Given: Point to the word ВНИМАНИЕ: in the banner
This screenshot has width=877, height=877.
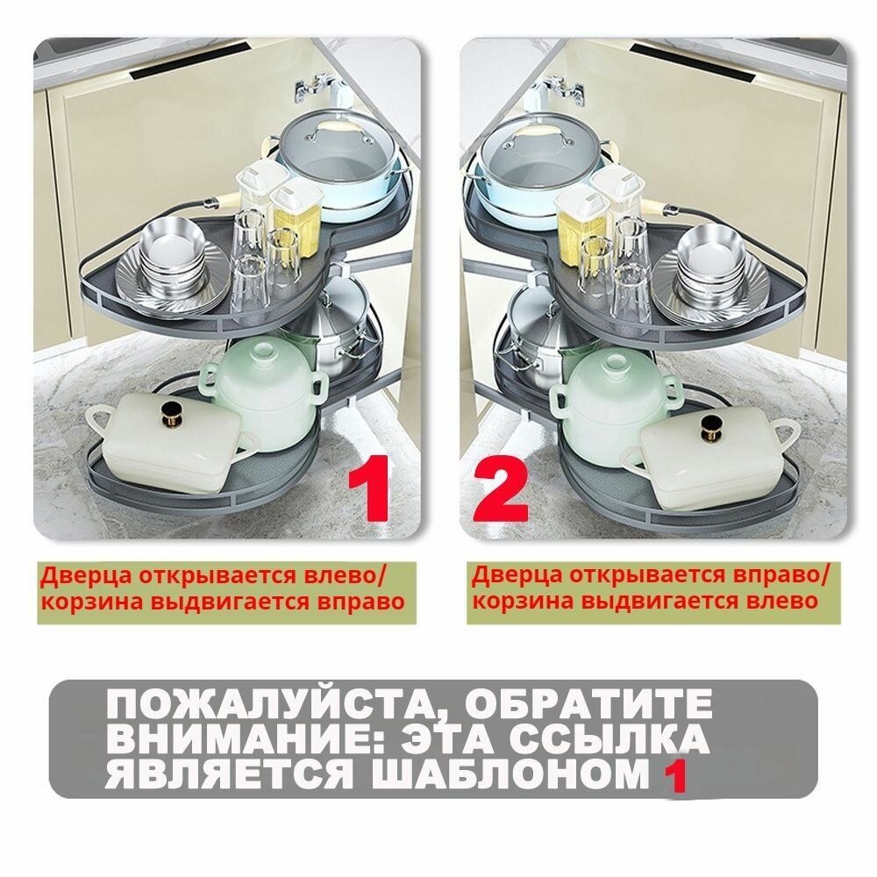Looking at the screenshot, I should point(198,740).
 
